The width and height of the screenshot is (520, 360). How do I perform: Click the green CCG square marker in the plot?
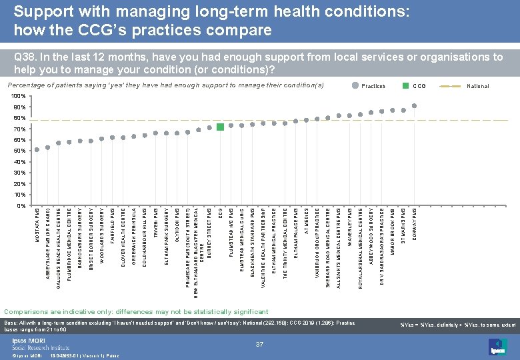[220, 127]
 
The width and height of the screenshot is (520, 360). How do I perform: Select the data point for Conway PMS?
[415, 106]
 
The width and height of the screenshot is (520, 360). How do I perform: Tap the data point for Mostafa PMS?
[37, 149]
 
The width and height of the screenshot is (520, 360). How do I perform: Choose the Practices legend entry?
[372, 86]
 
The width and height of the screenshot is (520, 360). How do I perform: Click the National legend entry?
[477, 86]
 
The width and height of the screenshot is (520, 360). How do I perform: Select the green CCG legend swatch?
[405, 86]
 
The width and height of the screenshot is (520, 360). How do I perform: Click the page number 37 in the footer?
[259, 343]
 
